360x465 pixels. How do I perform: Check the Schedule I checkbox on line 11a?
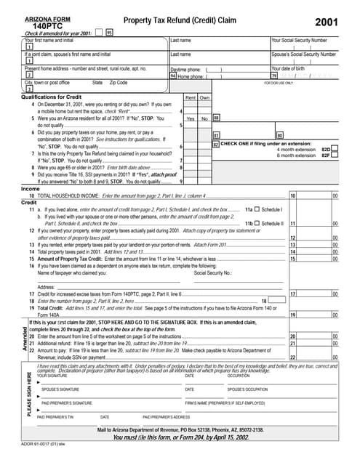256,209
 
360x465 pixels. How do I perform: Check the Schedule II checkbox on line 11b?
256,223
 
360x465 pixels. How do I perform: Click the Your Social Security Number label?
299,41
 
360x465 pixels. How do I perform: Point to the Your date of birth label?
287,68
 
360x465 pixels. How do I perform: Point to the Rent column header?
191,97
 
